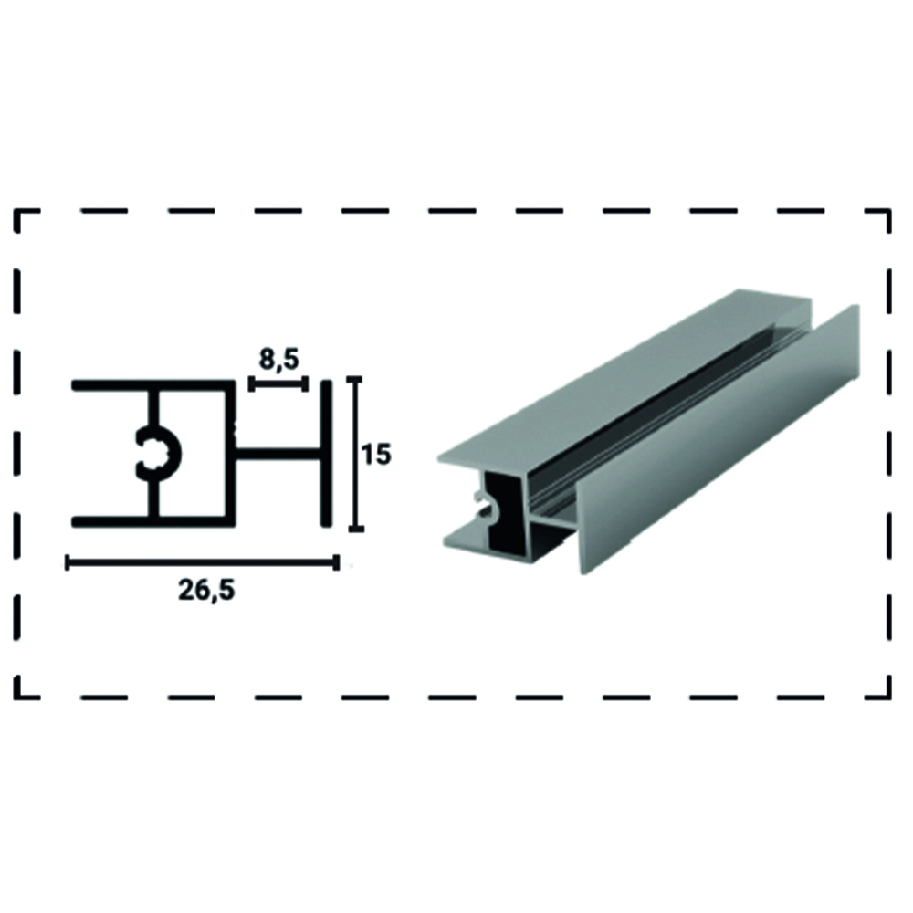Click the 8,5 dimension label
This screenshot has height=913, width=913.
tap(278, 360)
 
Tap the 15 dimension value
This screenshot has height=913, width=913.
tap(376, 454)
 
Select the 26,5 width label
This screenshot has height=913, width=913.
tap(206, 591)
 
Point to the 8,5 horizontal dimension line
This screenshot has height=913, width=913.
tap(278, 383)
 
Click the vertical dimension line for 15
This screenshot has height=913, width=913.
tap(356, 454)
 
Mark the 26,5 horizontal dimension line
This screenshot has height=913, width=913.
tap(203, 562)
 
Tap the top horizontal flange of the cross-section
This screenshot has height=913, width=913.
tap(153, 385)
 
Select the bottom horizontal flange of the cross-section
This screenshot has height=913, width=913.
tap(153, 520)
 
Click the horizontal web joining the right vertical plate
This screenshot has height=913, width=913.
tap(278, 453)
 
